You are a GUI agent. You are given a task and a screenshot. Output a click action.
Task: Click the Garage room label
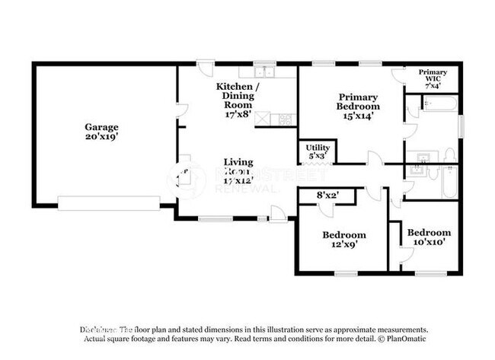point(101,126)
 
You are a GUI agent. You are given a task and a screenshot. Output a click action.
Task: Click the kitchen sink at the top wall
point(265,72)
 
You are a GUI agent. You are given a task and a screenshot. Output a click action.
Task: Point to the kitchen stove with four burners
point(286,119)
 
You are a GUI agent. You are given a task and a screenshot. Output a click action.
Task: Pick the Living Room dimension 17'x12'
point(238,181)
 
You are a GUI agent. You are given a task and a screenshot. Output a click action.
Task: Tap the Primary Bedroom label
point(359,101)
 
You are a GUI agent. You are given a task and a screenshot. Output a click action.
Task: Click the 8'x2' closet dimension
point(327,196)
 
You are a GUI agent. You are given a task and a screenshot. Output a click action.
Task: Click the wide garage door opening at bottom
point(109,203)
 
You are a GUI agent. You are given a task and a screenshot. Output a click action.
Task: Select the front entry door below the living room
point(278,215)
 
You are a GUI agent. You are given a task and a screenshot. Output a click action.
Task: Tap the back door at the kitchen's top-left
point(204,68)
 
